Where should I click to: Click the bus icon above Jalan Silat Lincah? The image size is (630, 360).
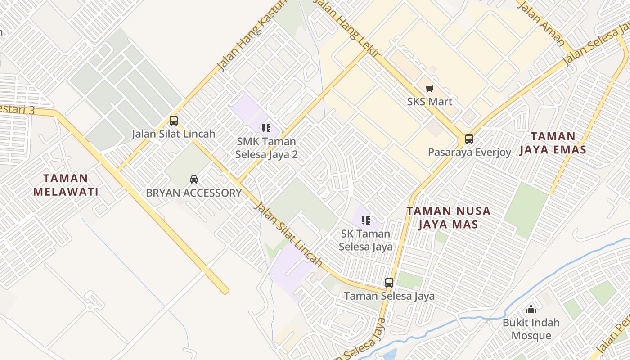(x=174, y=121)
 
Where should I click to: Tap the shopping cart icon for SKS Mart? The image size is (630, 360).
(x=429, y=88)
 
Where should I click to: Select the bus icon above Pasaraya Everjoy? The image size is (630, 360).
(x=469, y=139)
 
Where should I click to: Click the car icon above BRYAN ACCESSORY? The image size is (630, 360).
(x=194, y=179)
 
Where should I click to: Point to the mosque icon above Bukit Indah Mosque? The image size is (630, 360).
(x=531, y=309)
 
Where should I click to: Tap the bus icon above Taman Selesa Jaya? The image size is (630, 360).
(x=389, y=283)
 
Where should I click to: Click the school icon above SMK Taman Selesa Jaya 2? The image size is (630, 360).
(x=266, y=128)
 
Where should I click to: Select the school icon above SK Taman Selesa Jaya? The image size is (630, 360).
(x=366, y=220)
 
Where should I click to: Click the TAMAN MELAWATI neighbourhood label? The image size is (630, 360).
(x=66, y=185)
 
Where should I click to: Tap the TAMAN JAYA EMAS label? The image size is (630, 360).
(x=553, y=143)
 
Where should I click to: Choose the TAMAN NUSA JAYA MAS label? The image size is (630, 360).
(x=448, y=217)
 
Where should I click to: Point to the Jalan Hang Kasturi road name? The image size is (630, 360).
(x=252, y=36)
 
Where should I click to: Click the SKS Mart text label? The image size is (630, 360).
(x=430, y=102)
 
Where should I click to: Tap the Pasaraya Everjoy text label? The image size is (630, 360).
(x=469, y=152)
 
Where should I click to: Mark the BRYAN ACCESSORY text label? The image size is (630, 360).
(x=194, y=193)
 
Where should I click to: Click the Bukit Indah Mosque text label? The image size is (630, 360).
(x=531, y=329)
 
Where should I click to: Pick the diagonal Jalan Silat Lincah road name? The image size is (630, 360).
(x=288, y=234)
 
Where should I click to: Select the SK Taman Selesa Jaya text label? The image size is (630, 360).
(x=365, y=240)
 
